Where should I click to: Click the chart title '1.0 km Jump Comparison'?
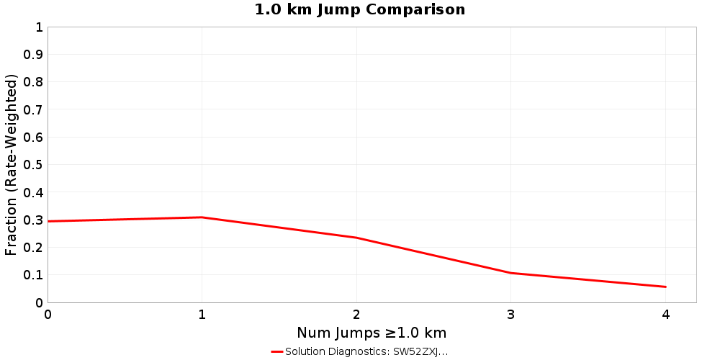[360, 9]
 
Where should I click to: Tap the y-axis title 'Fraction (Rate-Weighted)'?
[12, 165]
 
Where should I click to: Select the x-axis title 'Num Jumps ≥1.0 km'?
[372, 333]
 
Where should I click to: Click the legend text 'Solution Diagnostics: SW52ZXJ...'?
[366, 352]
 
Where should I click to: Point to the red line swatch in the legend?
[277, 352]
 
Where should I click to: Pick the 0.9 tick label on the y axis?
[33, 55]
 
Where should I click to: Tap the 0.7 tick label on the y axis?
[33, 110]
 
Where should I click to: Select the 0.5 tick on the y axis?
[33, 165]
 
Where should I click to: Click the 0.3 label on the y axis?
[33, 220]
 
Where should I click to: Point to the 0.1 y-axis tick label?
[33, 275]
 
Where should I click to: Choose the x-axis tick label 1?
[202, 315]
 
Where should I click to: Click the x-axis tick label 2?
[356, 315]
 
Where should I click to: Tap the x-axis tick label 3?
[511, 315]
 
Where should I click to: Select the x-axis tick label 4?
[665, 315]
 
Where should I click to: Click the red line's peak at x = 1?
[202, 217]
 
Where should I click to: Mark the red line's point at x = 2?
[356, 238]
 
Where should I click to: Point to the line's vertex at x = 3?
[511, 273]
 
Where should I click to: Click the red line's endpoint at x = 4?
[665, 287]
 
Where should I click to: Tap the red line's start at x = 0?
[48, 221]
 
